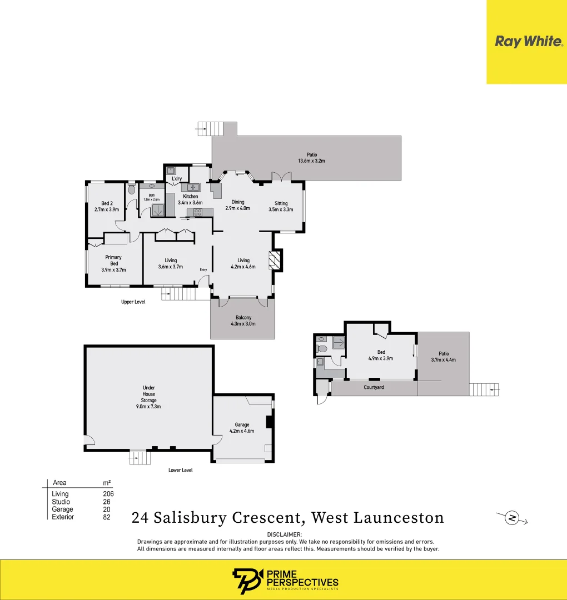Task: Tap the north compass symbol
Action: click(x=512, y=518)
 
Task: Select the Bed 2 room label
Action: click(x=107, y=203)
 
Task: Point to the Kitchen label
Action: click(x=191, y=197)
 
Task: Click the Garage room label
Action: click(x=242, y=424)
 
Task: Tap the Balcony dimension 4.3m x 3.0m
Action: click(x=242, y=323)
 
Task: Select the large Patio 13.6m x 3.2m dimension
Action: click(x=311, y=161)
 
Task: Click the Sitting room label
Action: click(x=281, y=203)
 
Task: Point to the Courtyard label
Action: click(x=374, y=387)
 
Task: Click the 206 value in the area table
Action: click(x=108, y=494)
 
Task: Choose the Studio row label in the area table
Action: click(x=61, y=502)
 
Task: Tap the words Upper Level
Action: click(x=133, y=302)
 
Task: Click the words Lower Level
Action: click(x=180, y=470)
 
